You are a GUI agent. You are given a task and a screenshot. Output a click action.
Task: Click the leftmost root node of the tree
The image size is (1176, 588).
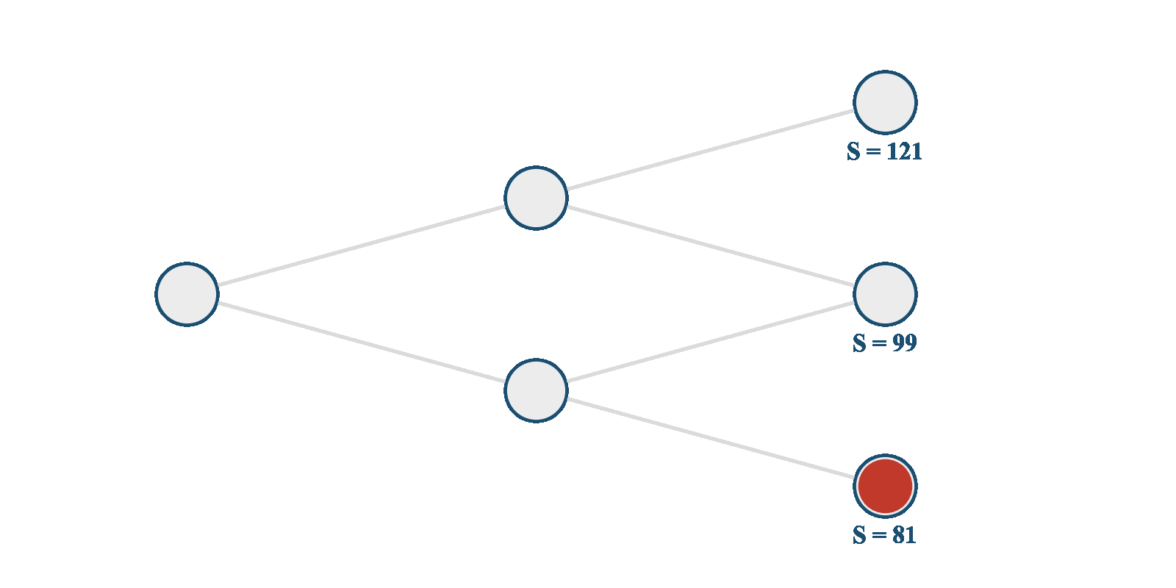coord(187,294)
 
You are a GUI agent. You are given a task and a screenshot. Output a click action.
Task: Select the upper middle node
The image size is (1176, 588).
coord(536,198)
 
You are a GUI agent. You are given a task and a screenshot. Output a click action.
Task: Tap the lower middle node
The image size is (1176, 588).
coord(536,390)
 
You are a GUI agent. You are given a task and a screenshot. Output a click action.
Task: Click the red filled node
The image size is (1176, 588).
coord(885,486)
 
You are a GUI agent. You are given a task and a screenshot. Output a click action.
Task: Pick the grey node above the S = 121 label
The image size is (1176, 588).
coord(885,102)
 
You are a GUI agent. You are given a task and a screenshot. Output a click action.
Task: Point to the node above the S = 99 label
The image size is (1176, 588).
coord(885,294)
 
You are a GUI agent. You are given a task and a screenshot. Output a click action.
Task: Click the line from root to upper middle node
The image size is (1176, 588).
coord(362,245)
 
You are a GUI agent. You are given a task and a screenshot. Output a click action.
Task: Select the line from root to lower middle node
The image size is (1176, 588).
coord(362,343)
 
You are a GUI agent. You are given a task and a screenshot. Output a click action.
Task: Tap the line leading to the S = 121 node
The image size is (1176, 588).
coord(711,150)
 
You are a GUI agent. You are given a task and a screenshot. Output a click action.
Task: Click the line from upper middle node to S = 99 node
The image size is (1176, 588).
coord(711,245)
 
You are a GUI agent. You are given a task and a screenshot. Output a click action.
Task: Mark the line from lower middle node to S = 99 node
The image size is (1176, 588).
coord(711,343)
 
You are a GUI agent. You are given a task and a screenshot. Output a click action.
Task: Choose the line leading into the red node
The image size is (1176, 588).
coord(711,438)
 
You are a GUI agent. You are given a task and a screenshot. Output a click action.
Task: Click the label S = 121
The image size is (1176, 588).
coord(884,151)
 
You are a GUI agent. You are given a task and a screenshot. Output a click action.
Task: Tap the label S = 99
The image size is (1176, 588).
coord(884,343)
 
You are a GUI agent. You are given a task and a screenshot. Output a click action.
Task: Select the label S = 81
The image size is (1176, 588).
coord(884,535)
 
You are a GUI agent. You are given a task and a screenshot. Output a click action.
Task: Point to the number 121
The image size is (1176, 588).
coord(904,151)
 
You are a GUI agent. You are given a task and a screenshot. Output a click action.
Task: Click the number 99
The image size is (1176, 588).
coord(905,343)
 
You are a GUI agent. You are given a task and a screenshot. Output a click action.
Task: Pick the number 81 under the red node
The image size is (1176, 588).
coord(905,535)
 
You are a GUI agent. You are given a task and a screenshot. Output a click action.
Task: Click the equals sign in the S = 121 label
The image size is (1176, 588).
coord(873,151)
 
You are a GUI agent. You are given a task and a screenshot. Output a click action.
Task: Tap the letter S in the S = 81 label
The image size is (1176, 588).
coord(859,535)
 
